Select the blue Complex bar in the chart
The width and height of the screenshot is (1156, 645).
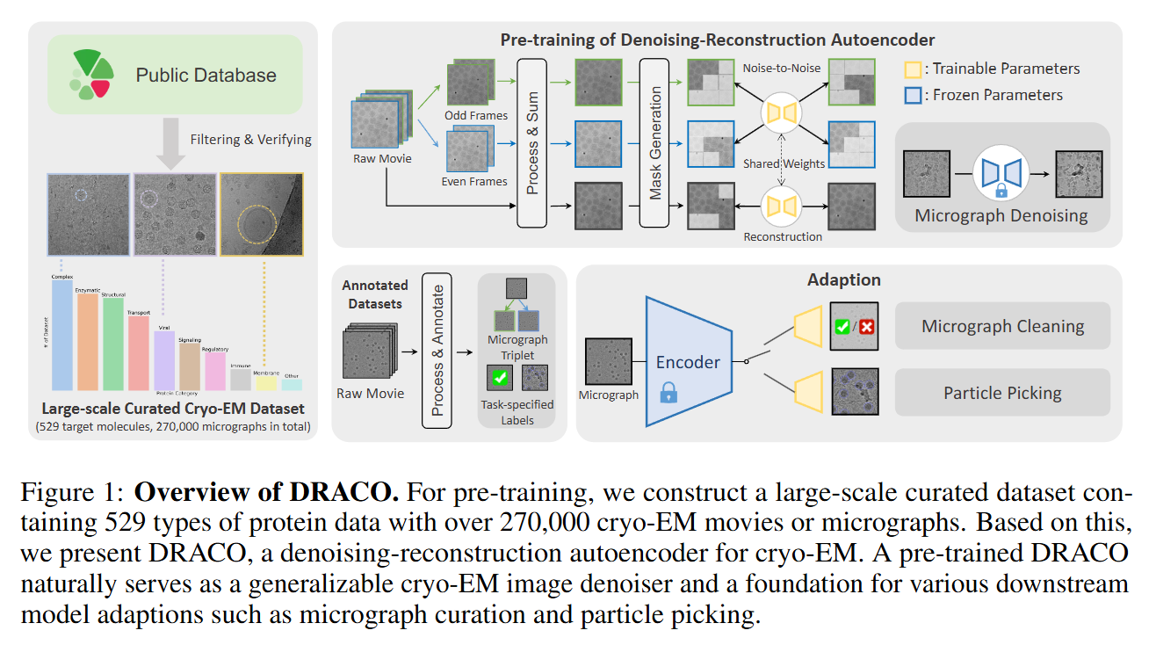pos(62,334)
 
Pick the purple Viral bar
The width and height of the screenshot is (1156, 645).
pos(164,360)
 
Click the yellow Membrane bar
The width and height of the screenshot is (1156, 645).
pos(266,381)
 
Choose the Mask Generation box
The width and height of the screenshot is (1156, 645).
pos(655,141)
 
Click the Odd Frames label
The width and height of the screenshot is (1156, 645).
pos(476,115)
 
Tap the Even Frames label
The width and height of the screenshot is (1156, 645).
pos(474,182)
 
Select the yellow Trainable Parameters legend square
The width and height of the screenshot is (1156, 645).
pos(913,69)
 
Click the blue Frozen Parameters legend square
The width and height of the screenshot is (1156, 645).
pos(913,95)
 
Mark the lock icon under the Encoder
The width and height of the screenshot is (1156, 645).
pos(668,392)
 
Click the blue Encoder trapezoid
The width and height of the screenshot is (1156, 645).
pos(687,361)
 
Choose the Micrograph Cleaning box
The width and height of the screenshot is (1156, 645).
pos(1002,327)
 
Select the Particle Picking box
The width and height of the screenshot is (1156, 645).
pos(1002,393)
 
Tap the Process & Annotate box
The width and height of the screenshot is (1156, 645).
pos(436,349)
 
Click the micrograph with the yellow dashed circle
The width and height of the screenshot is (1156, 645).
pos(262,214)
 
